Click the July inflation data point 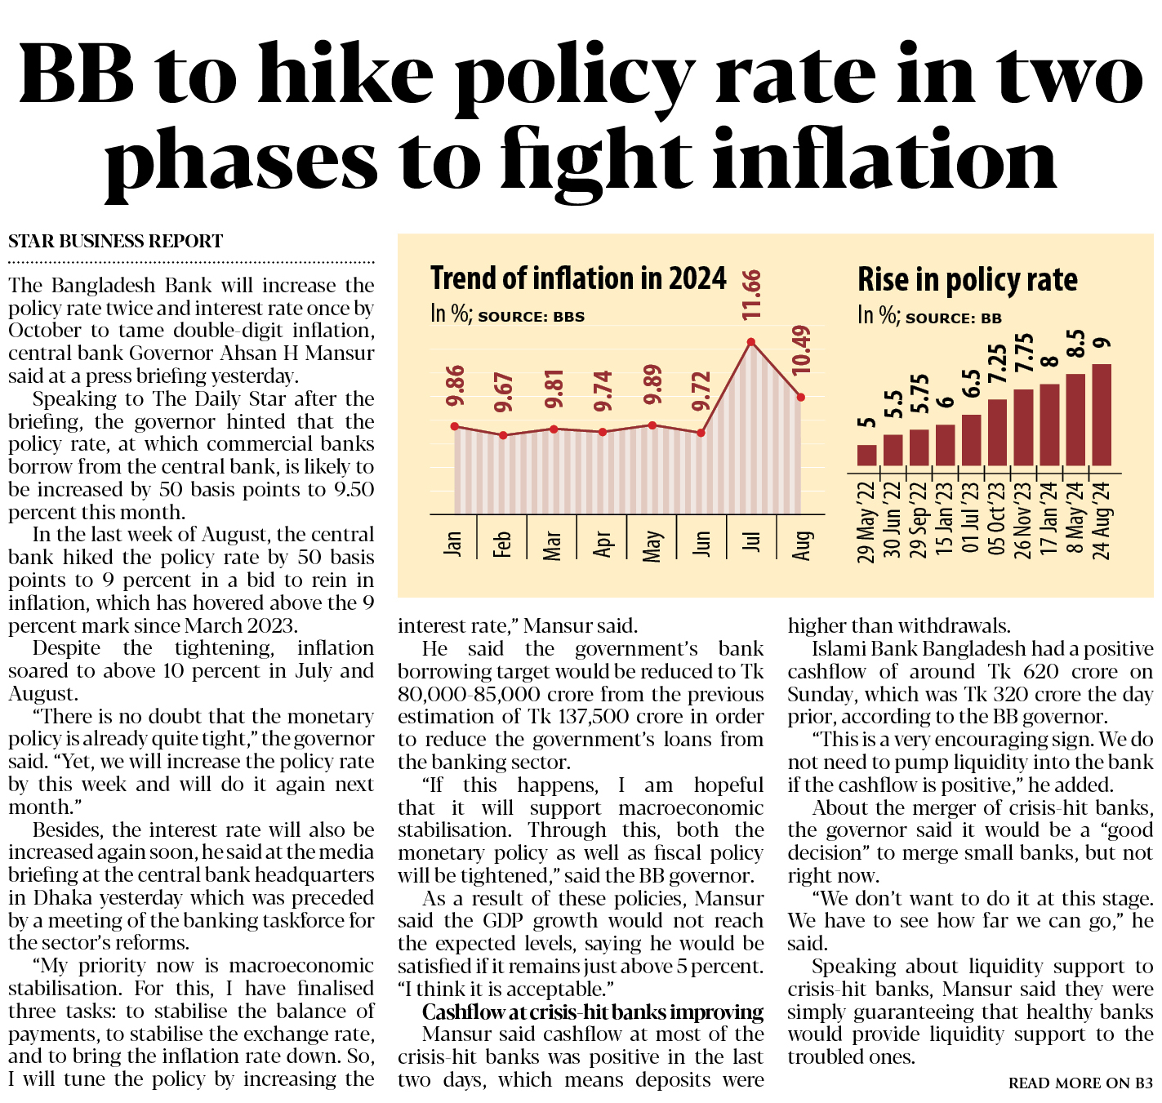[751, 342]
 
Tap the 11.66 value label [752, 294]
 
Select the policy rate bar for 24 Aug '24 [1102, 415]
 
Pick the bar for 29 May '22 [866, 455]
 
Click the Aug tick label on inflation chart [802, 545]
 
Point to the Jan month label [453, 543]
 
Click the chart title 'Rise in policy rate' [967, 280]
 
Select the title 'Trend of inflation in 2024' [578, 278]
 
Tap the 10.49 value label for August [802, 350]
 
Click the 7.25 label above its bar [998, 363]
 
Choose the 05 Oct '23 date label [997, 518]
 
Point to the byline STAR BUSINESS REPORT [115, 242]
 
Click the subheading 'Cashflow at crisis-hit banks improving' [593, 1012]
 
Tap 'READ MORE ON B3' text [1080, 1083]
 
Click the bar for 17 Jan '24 [1049, 425]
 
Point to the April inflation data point [603, 432]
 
